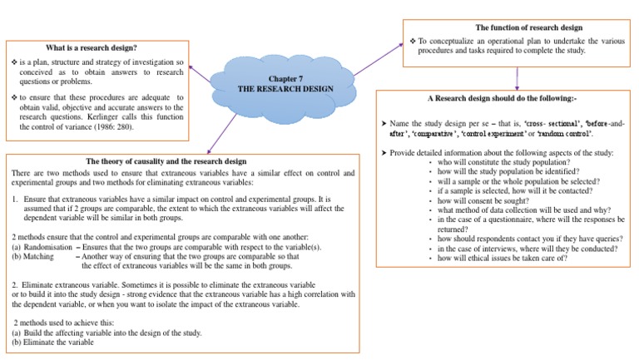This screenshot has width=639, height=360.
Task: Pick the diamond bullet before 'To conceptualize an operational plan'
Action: (x=412, y=40)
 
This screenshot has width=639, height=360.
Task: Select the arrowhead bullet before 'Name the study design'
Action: (x=383, y=122)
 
